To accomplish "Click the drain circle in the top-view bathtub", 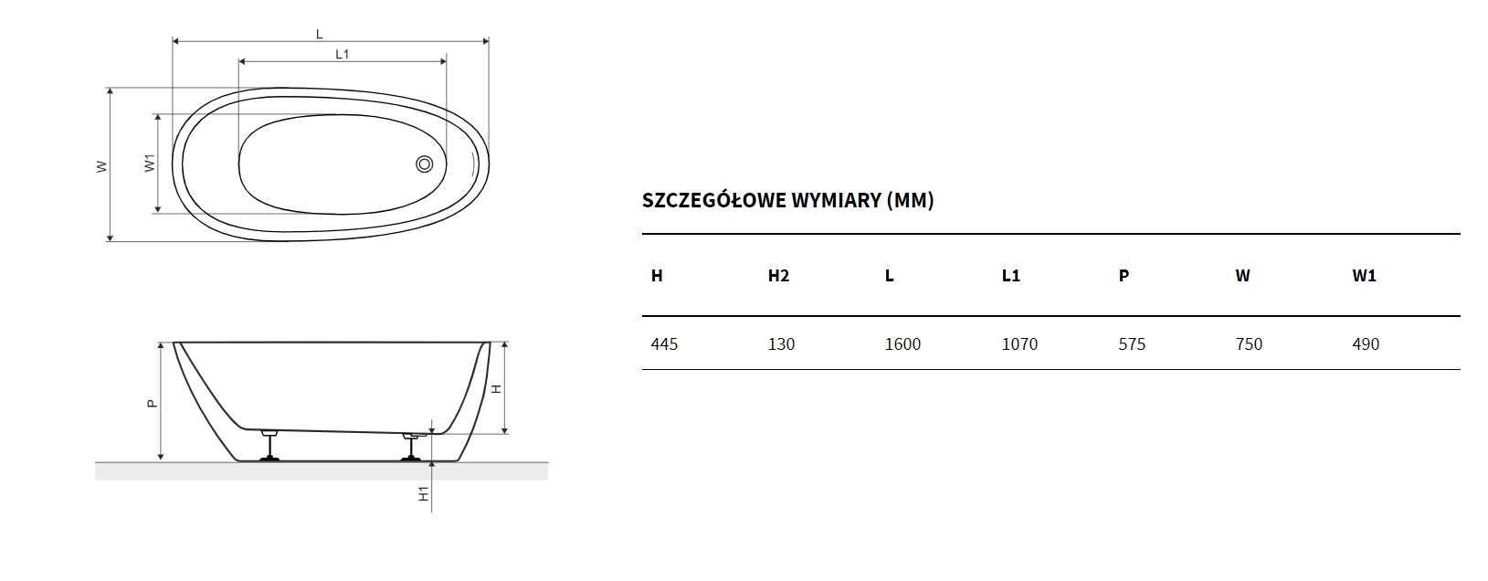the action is (x=425, y=164).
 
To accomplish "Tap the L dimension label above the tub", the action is (x=320, y=34).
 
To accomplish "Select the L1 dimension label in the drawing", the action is (x=343, y=55).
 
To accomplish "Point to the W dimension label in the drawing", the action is (x=101, y=166).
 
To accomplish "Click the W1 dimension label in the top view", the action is (x=150, y=163).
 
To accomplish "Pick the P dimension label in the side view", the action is (x=153, y=403).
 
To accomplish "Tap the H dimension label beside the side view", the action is (x=496, y=389).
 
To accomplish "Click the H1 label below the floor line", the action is (x=423, y=493).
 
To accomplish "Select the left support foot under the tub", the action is (x=269, y=445).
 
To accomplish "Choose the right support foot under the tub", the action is (x=411, y=446).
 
